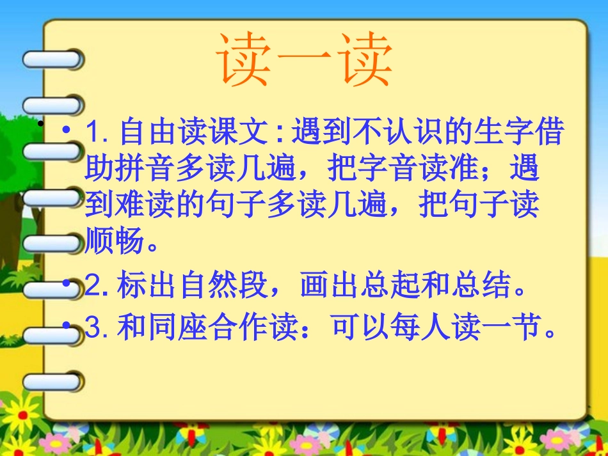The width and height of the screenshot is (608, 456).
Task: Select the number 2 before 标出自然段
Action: pos(93,287)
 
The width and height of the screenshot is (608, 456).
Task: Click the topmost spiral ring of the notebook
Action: pos(52,59)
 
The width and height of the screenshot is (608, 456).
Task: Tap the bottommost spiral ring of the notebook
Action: pos(52,382)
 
